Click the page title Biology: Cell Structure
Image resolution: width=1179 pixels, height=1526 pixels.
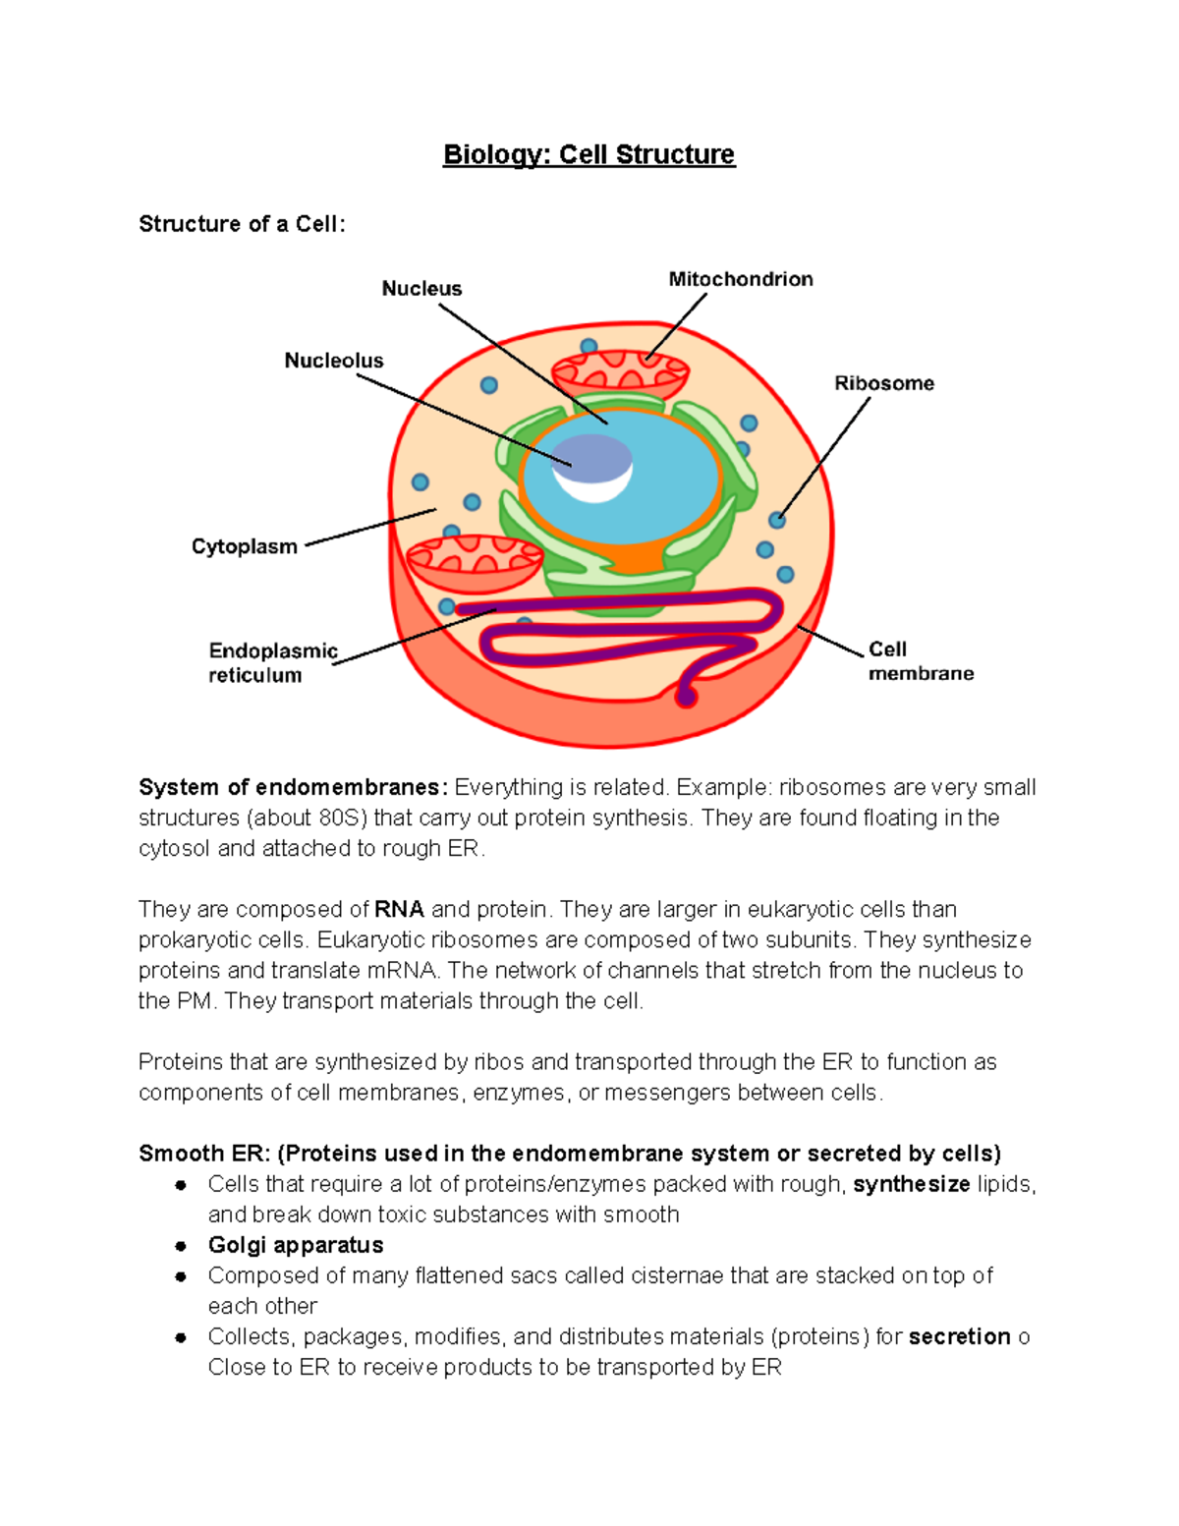tap(589, 155)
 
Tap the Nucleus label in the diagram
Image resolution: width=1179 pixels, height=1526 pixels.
tap(421, 289)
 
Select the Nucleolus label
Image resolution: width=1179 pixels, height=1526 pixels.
tap(334, 361)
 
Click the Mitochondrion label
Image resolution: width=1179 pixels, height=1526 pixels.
tap(741, 279)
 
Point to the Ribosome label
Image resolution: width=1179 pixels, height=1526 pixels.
tap(884, 383)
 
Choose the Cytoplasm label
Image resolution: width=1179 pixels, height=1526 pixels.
tap(245, 546)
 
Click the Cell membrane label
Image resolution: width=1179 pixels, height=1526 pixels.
tap(921, 661)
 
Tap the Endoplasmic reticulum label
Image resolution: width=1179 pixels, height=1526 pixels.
tap(272, 662)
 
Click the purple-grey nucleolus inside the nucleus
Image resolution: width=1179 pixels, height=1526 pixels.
tap(591, 459)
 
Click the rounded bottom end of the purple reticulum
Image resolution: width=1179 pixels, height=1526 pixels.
tap(687, 698)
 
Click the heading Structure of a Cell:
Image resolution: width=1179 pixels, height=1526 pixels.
tap(242, 224)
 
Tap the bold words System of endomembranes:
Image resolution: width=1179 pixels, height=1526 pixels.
tap(293, 788)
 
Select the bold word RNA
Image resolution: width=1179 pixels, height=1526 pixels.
tap(399, 910)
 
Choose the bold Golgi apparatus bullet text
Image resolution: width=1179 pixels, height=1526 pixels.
tap(296, 1245)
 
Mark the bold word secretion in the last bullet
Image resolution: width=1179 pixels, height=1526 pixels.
tap(960, 1336)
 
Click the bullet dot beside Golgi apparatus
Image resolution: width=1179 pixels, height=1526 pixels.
tap(181, 1246)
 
